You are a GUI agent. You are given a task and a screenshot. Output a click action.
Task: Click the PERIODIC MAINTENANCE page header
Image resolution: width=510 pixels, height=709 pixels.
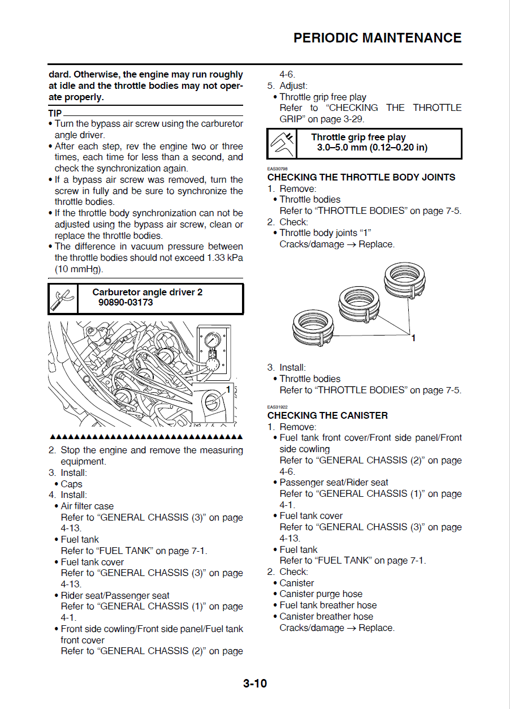click(x=377, y=38)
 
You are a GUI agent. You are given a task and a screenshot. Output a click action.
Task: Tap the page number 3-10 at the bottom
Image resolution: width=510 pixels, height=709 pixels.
click(x=255, y=683)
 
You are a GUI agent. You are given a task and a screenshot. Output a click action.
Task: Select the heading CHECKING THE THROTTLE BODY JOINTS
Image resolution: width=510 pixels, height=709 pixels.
click(x=361, y=177)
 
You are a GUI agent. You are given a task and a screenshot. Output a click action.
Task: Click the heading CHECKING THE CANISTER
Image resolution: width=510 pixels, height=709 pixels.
click(x=327, y=415)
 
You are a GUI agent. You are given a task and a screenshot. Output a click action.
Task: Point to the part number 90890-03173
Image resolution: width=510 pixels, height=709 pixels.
click(x=126, y=302)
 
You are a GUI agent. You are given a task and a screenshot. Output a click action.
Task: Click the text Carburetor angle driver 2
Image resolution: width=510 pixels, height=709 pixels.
click(x=147, y=292)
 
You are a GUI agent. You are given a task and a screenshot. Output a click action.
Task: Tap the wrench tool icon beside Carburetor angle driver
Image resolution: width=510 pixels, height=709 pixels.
click(x=62, y=298)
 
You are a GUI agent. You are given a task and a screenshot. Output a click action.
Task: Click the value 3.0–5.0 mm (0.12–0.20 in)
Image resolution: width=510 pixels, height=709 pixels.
click(x=372, y=148)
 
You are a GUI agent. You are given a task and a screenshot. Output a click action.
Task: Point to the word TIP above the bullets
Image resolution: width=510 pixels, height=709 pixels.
click(x=55, y=113)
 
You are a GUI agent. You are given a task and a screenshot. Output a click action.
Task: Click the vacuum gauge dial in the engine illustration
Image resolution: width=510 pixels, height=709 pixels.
click(x=213, y=341)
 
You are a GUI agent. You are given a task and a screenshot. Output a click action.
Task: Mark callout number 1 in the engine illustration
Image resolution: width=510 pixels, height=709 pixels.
click(x=228, y=389)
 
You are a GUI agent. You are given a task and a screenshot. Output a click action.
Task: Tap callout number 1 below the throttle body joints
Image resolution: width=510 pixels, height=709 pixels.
click(x=413, y=338)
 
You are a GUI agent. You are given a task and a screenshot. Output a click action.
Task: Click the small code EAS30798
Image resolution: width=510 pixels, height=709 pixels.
click(x=277, y=169)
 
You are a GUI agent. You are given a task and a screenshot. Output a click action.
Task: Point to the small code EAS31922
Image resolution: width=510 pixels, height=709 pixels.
click(x=277, y=407)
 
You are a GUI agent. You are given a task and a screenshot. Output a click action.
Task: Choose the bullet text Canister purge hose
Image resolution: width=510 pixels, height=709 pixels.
click(x=321, y=594)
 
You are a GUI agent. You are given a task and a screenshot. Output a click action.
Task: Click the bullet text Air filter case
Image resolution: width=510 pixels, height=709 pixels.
click(x=87, y=506)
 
